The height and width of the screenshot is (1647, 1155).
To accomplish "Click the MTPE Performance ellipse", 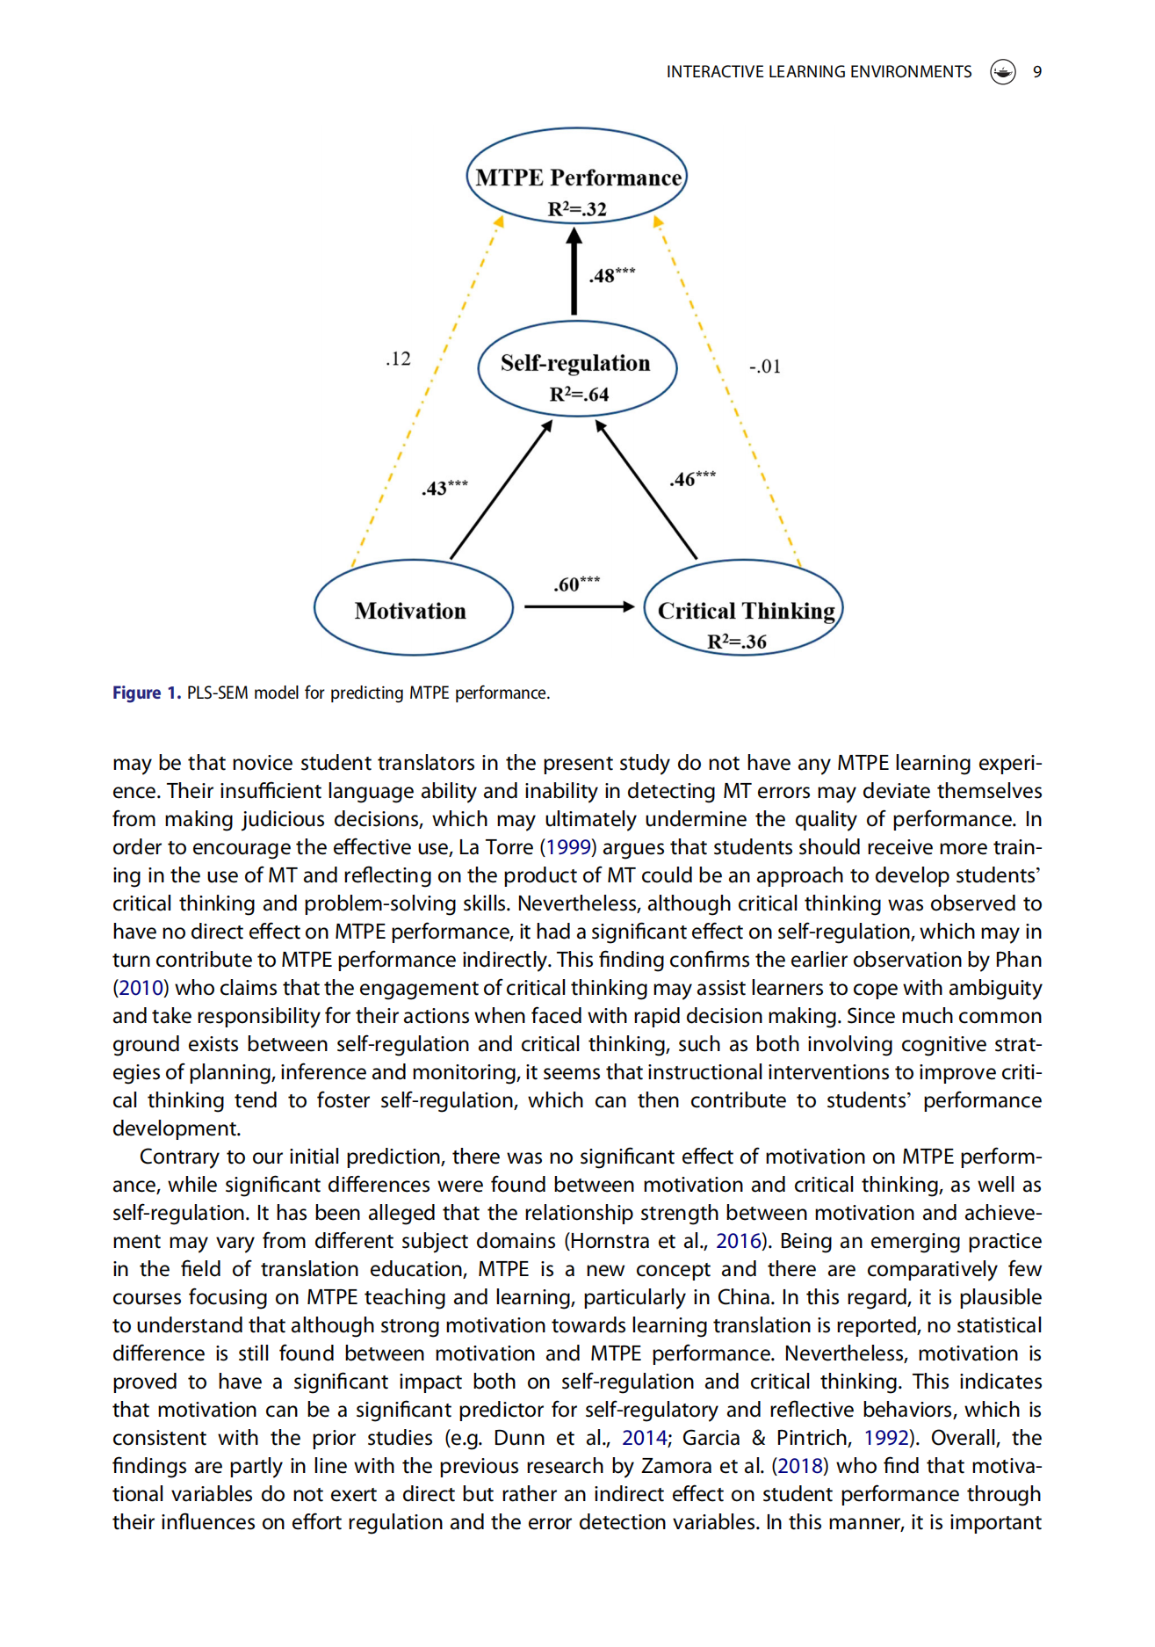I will tap(576, 177).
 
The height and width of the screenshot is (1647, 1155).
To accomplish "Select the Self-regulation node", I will tap(576, 368).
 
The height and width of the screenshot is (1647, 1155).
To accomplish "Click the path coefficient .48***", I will tap(611, 275).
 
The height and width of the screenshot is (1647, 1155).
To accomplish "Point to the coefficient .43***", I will tap(444, 488).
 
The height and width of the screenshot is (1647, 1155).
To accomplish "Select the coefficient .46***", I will tap(692, 479).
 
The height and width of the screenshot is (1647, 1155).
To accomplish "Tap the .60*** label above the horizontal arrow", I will tap(576, 584).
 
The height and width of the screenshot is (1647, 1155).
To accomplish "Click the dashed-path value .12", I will tap(398, 359).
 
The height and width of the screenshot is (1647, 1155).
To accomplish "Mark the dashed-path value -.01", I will tap(764, 366).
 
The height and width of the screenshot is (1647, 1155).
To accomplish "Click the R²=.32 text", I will tap(577, 209).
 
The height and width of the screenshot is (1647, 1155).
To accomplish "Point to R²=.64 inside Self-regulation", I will tap(579, 395).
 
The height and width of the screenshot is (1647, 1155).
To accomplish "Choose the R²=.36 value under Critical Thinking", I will tap(737, 642).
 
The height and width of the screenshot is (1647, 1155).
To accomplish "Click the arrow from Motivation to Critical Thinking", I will tap(579, 606).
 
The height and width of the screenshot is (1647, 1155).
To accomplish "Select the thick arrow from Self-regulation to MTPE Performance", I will tap(574, 272).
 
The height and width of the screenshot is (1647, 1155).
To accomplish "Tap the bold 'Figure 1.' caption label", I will tap(146, 693).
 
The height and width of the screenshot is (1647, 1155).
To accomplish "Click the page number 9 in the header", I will tap(1037, 72).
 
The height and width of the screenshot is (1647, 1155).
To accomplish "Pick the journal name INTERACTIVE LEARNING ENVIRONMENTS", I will tap(819, 72).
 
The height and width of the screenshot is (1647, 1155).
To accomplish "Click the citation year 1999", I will tap(567, 847).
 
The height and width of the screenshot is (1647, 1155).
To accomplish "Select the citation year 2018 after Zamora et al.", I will tap(800, 1466).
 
